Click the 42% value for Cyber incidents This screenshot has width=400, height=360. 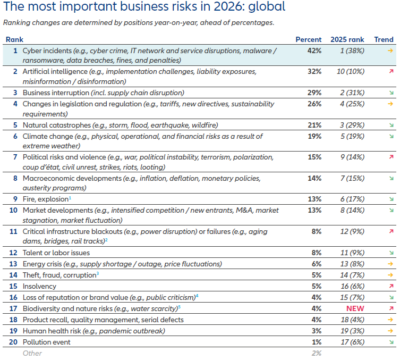point(314,51)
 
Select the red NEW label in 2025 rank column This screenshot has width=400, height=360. point(347,308)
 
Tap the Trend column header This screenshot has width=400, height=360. point(384,39)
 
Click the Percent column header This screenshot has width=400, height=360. point(308,39)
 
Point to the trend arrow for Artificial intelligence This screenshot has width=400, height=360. point(390,71)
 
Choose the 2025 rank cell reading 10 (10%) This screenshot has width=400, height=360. point(347,71)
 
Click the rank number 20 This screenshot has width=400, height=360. point(14,342)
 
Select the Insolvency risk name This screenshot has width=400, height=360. point(39,286)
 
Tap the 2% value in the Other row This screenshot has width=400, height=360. point(316,353)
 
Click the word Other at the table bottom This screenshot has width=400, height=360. point(32,353)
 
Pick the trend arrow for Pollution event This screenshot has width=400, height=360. point(390,342)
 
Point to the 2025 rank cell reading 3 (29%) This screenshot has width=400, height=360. point(347,125)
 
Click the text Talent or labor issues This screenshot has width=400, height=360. point(56,253)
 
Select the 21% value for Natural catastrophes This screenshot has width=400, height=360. point(314,125)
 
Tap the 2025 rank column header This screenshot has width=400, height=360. point(347,39)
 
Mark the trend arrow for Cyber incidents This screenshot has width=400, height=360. point(390,51)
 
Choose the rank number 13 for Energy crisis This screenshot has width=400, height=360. point(14,264)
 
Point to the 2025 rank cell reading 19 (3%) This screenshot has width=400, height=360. point(347,331)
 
